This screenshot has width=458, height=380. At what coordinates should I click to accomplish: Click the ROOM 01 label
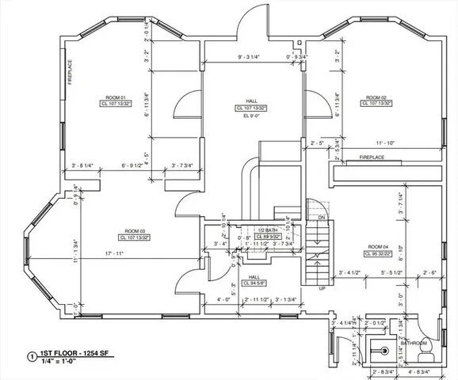106,97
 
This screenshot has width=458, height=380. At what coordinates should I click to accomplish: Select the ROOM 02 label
376,97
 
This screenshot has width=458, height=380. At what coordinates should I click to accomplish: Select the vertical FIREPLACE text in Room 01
70,73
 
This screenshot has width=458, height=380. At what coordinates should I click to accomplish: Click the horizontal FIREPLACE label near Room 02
372,158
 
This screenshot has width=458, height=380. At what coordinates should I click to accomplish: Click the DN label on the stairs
322,217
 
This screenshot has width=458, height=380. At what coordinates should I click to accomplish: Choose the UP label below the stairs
322,288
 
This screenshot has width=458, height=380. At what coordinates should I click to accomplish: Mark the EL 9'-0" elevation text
251,116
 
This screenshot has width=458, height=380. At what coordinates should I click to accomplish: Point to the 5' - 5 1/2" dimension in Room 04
388,272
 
